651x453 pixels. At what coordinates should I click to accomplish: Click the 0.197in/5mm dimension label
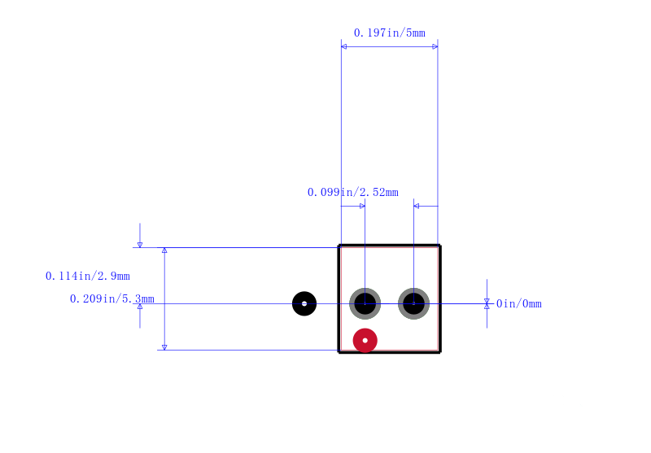click(x=390, y=33)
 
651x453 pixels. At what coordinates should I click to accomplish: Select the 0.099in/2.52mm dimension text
click(x=353, y=192)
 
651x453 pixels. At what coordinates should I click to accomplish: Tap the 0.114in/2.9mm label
click(x=88, y=276)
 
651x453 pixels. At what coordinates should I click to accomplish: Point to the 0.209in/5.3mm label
click(x=112, y=298)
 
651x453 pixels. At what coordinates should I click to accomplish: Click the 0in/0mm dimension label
click(x=519, y=303)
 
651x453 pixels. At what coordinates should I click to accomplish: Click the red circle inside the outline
click(x=365, y=341)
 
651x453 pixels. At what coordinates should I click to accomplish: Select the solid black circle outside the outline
click(x=304, y=303)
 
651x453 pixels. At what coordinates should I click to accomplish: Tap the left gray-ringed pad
click(x=365, y=303)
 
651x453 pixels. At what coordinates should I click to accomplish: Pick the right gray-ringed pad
click(x=413, y=303)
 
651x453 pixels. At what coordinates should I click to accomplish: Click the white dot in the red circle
click(x=365, y=341)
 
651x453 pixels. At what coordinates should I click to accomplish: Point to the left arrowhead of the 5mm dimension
click(x=343, y=46)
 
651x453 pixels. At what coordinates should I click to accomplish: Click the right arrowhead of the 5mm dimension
click(x=435, y=46)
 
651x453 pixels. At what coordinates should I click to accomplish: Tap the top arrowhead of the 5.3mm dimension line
click(x=164, y=250)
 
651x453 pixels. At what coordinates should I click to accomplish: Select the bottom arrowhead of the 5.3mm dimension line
click(x=164, y=347)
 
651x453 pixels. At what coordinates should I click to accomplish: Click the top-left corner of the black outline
click(x=339, y=246)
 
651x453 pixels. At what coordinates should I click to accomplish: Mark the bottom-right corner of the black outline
click(x=439, y=352)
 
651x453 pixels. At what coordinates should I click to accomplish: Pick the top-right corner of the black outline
click(x=439, y=246)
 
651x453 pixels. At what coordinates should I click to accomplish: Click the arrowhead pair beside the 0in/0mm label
click(x=487, y=303)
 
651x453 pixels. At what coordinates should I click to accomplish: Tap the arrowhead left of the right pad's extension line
click(x=417, y=206)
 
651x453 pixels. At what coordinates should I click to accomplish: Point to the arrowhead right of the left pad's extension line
click(x=362, y=206)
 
